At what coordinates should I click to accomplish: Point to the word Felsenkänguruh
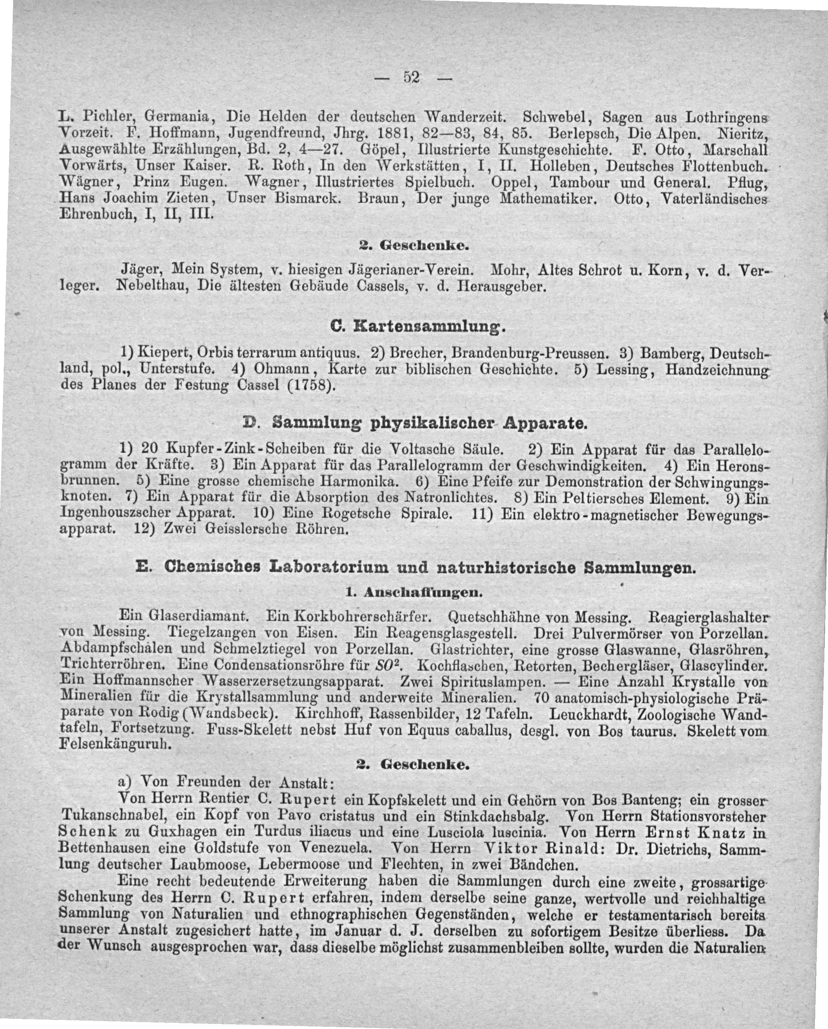pos(114,745)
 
